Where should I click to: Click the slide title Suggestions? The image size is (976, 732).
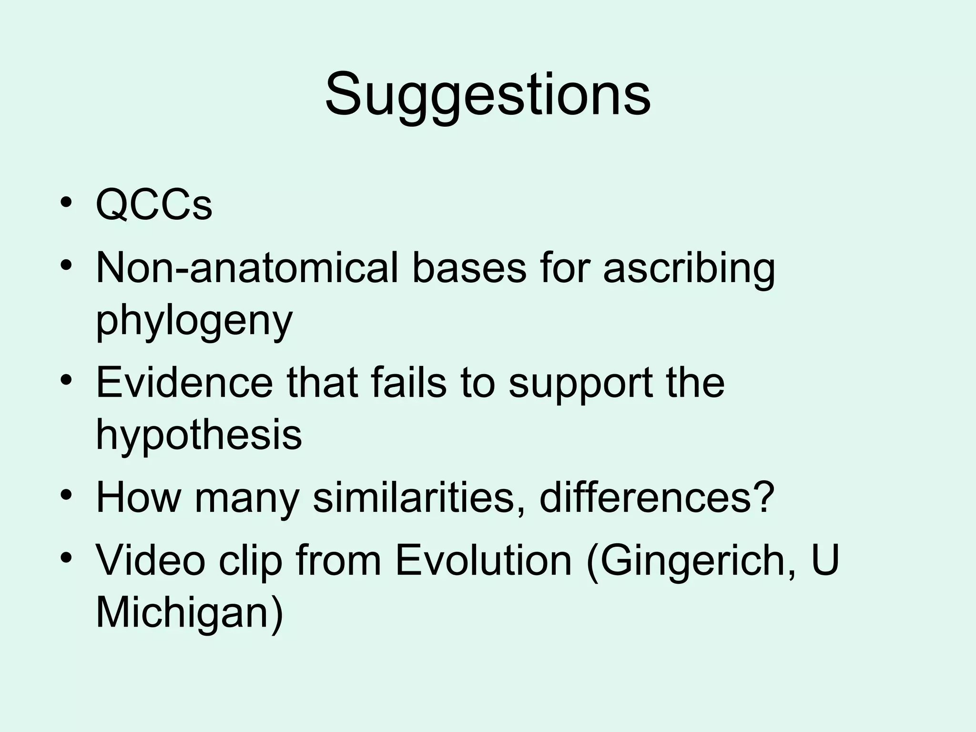point(488,95)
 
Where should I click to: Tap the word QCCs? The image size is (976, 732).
point(153,205)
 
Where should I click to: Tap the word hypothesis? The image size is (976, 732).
point(199,435)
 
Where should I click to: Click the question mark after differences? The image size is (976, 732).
point(763,498)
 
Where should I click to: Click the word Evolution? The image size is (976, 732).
point(483,560)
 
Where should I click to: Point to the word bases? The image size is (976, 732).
point(469,268)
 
